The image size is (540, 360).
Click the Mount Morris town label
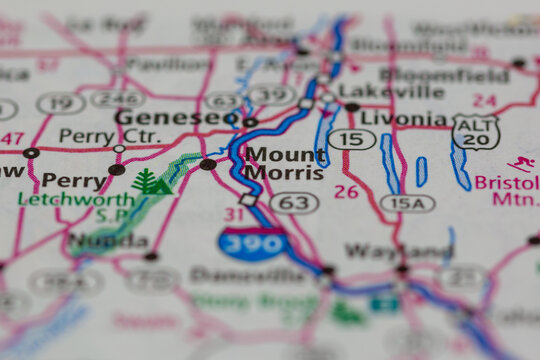285,164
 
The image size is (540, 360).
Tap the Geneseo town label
175,118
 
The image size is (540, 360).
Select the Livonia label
404,119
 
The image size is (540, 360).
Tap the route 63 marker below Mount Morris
294,203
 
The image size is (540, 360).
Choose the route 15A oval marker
407,203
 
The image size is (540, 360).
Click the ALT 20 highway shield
475,131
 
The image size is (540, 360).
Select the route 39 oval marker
271,95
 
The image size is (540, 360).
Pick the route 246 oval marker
117,98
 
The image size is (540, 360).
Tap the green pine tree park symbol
150,182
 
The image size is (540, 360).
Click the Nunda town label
109,241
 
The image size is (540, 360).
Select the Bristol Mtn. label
506,191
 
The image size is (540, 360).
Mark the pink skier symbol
520,163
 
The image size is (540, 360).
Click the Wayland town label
398,251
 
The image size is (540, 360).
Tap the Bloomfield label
444,74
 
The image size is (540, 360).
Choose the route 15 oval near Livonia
352,139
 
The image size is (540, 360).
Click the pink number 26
346,191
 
